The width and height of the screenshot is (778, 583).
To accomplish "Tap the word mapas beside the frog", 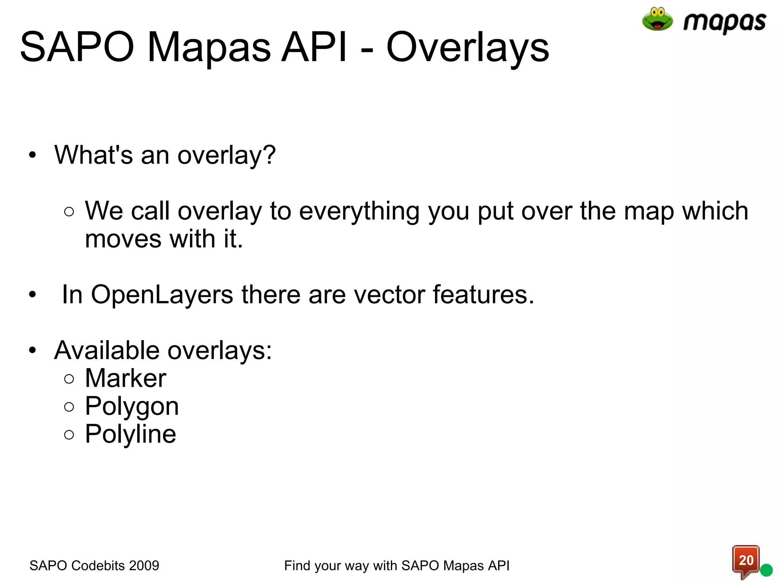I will [724, 22].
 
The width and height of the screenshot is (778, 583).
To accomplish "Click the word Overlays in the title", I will [468, 47].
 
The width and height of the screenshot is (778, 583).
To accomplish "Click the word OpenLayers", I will [162, 295].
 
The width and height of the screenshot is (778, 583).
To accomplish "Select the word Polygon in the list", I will [132, 407].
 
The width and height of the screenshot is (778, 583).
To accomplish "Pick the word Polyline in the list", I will [130, 434].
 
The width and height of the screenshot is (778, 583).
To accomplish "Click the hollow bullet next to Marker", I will [69, 379].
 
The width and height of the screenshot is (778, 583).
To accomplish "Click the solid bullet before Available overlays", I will [33, 350].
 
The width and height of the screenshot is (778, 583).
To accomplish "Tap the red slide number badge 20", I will [746, 561].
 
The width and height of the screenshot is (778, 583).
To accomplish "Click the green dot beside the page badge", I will [766, 570].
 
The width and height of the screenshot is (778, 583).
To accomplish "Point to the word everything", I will [359, 211].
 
